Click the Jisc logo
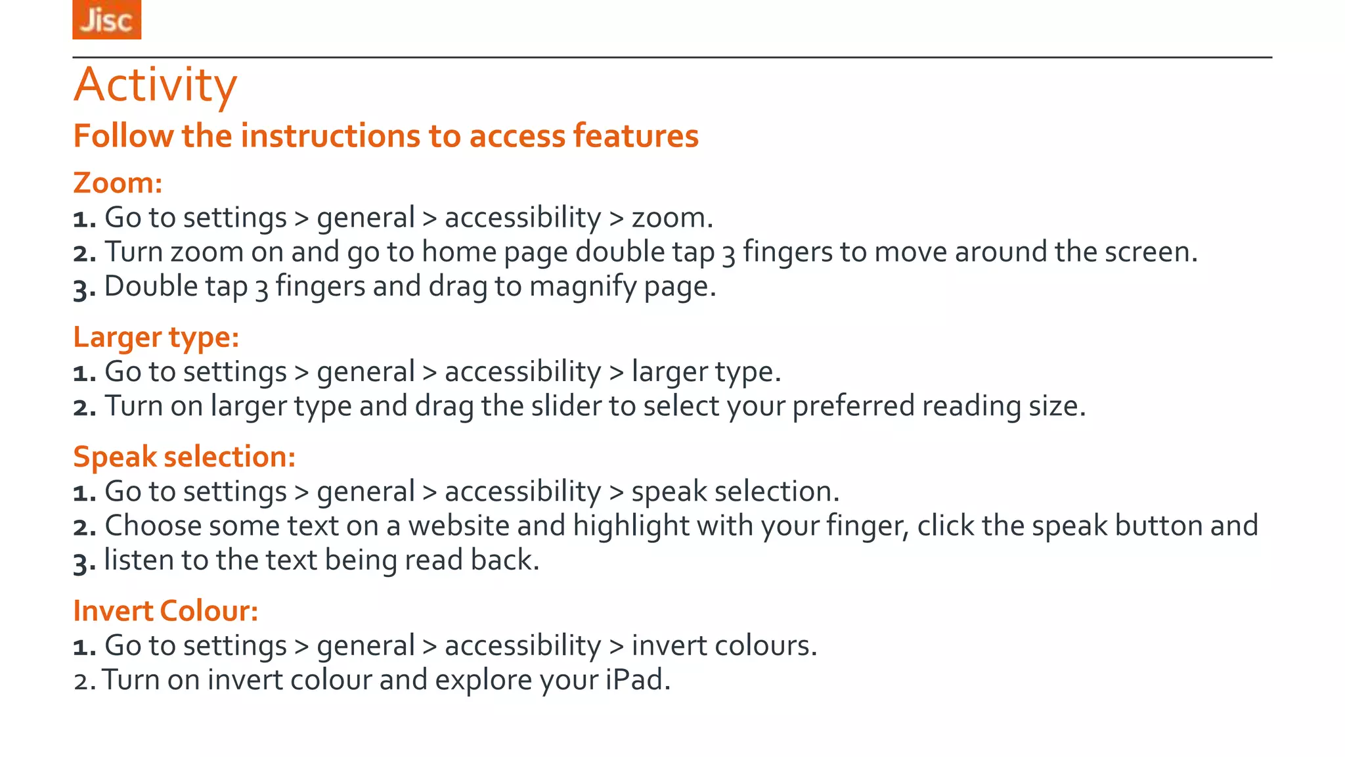(106, 20)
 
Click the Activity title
(155, 85)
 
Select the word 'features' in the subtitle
(635, 136)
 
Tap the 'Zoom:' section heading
(118, 183)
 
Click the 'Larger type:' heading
(156, 337)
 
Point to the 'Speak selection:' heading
(184, 457)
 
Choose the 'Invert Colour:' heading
(165, 611)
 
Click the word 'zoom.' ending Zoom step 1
(672, 218)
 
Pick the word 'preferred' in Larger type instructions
(853, 406)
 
